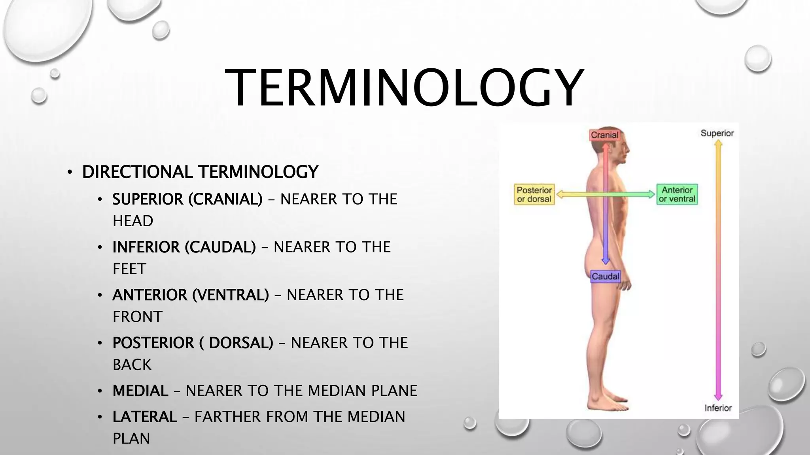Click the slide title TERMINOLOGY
(x=404, y=88)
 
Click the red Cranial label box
(x=604, y=135)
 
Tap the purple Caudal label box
(x=605, y=276)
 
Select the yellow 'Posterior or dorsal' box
(x=534, y=194)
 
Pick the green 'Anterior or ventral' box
(x=677, y=194)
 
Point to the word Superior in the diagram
(x=717, y=133)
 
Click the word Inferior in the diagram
(x=718, y=408)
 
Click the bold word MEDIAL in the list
(x=140, y=391)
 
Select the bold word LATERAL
(x=145, y=417)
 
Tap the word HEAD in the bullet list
(x=133, y=221)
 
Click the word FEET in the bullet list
(x=129, y=269)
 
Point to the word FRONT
(x=138, y=317)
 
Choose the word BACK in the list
(x=132, y=365)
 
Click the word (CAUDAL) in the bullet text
(x=220, y=247)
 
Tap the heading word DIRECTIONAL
(x=138, y=172)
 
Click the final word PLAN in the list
(x=131, y=438)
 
